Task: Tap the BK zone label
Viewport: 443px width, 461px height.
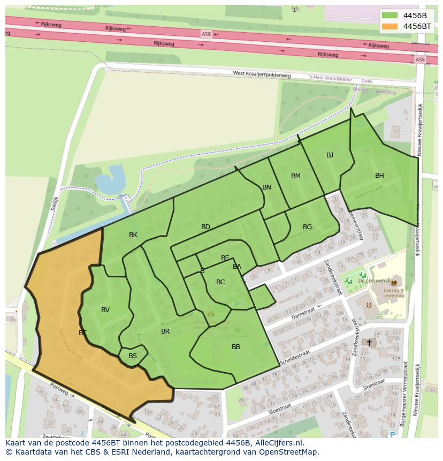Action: point(133,235)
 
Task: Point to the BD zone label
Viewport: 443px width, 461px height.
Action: point(205,227)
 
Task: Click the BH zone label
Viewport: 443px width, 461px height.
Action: point(379,176)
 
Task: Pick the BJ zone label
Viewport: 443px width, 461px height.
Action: point(330,155)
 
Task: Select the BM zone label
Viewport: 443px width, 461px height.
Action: point(296,176)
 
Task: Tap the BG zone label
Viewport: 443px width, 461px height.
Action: point(307,227)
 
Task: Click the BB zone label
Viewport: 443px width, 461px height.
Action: point(236,347)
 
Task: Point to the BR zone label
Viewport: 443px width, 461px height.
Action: point(165,331)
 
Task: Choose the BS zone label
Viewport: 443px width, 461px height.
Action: point(133,356)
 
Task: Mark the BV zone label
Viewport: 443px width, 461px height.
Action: point(105,310)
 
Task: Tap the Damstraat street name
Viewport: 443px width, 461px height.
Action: point(303,314)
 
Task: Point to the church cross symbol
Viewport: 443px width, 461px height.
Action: point(369,342)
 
